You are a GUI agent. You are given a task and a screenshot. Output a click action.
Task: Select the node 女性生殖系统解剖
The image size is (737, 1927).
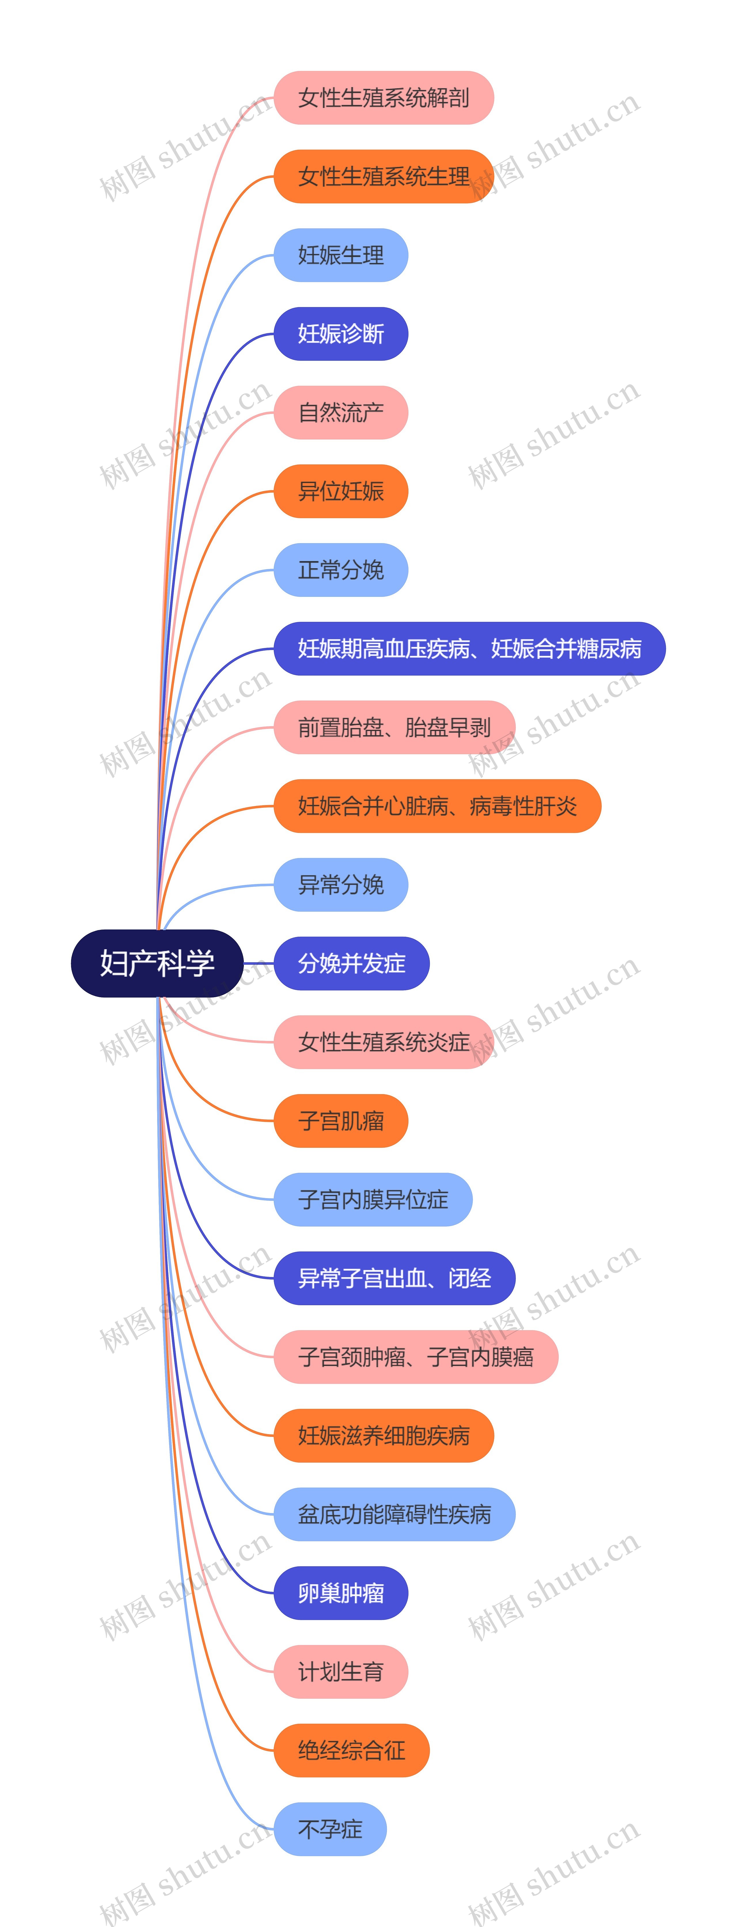pyautogui.click(x=383, y=98)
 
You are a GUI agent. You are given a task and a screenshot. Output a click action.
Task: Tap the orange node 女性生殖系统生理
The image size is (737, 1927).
pyautogui.click(x=383, y=176)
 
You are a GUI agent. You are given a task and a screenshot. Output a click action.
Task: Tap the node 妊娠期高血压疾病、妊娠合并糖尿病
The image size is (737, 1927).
pyautogui.click(x=469, y=649)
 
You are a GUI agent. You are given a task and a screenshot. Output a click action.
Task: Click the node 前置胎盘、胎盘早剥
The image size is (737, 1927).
pyautogui.click(x=394, y=727)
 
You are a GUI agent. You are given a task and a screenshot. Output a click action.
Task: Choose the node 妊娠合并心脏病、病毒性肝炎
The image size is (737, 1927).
pyautogui.click(x=437, y=806)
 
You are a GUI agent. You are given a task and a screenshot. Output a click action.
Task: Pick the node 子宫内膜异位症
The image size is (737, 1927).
pyautogui.click(x=373, y=1199)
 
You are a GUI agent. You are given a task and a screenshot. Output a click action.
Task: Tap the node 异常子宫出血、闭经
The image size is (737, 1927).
pyautogui.click(x=394, y=1278)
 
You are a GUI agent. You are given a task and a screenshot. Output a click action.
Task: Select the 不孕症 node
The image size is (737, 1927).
pyautogui.click(x=330, y=1829)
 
